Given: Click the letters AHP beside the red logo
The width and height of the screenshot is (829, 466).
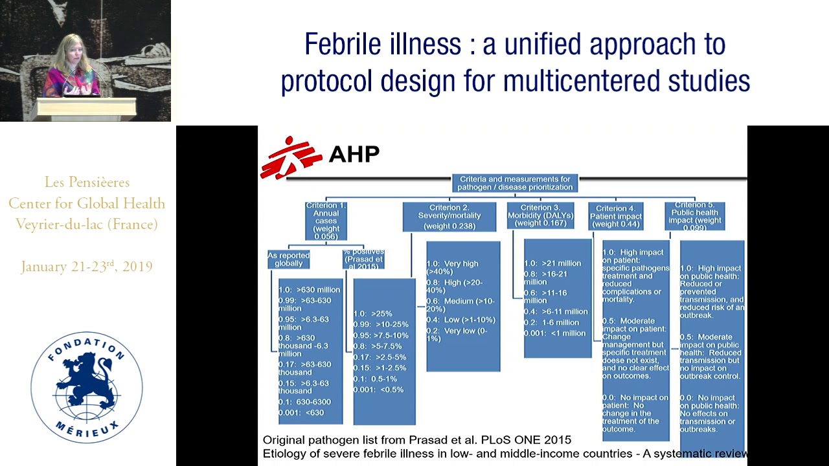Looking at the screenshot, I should pyautogui.click(x=354, y=153).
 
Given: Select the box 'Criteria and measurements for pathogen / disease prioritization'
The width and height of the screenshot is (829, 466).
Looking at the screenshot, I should pyautogui.click(x=515, y=183).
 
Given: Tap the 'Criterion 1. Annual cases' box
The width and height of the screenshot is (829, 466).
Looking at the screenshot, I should pyautogui.click(x=326, y=221).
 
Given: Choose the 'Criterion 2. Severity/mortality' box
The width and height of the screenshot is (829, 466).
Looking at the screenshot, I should pyautogui.click(x=449, y=216).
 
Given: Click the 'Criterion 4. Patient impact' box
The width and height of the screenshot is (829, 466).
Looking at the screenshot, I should pyautogui.click(x=616, y=216).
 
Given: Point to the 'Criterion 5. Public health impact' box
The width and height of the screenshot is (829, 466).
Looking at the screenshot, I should pyautogui.click(x=694, y=216).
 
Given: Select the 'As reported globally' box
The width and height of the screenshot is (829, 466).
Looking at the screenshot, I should pyautogui.click(x=288, y=260).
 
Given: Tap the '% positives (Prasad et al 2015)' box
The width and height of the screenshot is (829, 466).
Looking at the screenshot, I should pyautogui.click(x=363, y=260).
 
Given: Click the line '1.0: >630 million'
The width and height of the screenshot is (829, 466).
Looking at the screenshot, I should pyautogui.click(x=309, y=290).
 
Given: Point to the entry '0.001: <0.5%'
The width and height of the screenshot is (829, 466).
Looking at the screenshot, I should pyautogui.click(x=378, y=390).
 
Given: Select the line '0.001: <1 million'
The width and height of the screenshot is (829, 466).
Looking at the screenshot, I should pyautogui.click(x=554, y=333).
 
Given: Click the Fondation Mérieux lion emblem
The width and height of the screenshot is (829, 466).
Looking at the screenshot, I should pyautogui.click(x=87, y=387).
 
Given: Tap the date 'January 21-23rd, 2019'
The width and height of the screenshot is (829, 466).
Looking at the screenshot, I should pyautogui.click(x=87, y=267).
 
